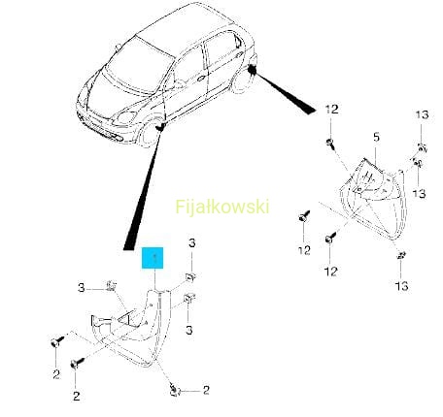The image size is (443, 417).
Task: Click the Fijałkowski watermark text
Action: [222, 208]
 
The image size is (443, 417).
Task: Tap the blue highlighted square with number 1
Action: [153, 258]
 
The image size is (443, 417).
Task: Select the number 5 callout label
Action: [376, 137]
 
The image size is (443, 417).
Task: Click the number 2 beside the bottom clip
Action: [206, 390]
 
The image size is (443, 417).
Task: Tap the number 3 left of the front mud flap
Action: [82, 287]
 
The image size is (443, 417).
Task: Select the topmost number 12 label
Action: [331, 110]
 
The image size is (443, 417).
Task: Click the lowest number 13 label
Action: [401, 286]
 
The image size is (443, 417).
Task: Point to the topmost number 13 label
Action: [422, 114]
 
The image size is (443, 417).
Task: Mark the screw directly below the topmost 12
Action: [330, 143]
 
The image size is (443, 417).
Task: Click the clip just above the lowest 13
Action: [401, 255]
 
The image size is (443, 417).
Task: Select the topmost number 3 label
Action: [192, 242]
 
